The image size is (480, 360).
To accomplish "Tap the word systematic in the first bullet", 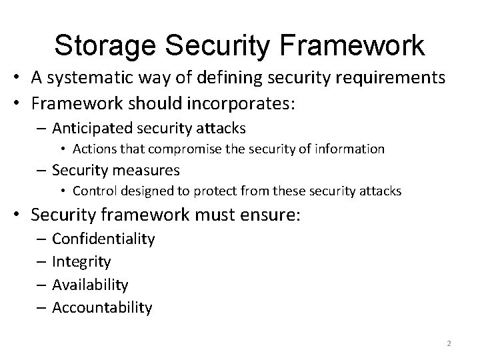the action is (86, 79).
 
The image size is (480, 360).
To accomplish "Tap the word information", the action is (350, 149).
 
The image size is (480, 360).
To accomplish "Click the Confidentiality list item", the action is (103, 239).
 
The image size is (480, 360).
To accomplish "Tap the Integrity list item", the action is (81, 262).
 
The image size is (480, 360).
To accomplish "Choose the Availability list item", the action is (90, 285).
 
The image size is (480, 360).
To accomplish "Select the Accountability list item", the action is (102, 307).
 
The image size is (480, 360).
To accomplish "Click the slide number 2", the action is (449, 343).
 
